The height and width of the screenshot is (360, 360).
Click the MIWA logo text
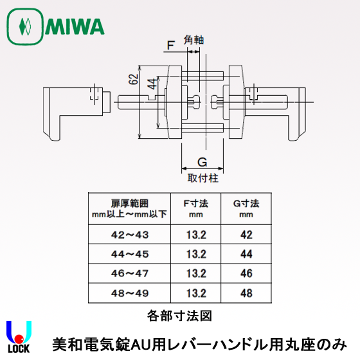(75, 26)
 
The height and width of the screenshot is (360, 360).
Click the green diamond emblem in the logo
(25, 26)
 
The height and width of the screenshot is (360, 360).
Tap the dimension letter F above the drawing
(170, 45)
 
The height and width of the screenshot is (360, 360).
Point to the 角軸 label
(194, 40)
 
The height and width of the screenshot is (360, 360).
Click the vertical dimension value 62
(134, 79)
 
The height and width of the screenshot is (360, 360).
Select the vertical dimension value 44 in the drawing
(152, 84)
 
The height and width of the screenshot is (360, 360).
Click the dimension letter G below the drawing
(203, 162)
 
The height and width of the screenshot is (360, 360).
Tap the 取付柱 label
(203, 178)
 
